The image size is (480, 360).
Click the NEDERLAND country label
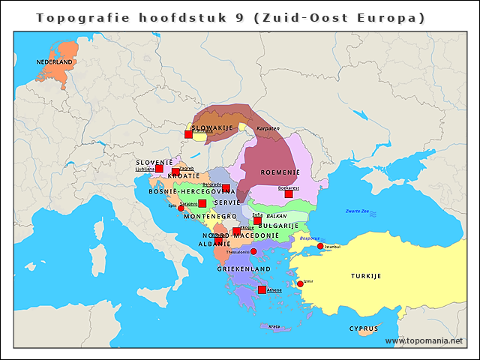[x=55, y=61]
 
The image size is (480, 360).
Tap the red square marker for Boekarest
[x=288, y=193]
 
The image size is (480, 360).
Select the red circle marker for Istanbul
[x=320, y=246]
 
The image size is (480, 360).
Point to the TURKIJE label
[x=366, y=276]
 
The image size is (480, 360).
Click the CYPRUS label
[x=364, y=328]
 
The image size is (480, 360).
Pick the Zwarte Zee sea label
[x=357, y=211]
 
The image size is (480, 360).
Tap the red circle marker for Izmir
[x=300, y=283]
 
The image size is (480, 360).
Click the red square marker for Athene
[x=262, y=289]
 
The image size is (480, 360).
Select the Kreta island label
[x=274, y=326]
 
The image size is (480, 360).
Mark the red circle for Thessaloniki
[x=253, y=251]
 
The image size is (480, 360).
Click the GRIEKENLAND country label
[x=244, y=268]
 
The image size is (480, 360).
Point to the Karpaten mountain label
[x=268, y=128]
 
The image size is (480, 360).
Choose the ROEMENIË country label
[x=280, y=172]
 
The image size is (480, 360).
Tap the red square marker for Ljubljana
[x=159, y=169]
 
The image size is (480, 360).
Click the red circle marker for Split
[x=181, y=208]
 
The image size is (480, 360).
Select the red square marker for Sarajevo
[x=202, y=203]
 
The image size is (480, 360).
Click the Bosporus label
[x=309, y=238]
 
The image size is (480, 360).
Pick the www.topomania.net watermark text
[x=424, y=341]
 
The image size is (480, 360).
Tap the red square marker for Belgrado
[x=226, y=188]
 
